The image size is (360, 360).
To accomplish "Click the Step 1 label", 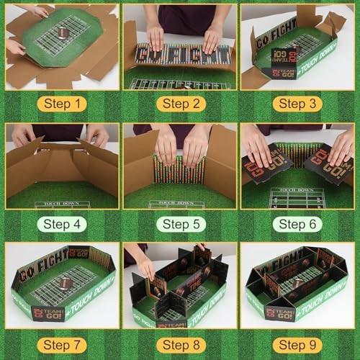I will click(61, 104).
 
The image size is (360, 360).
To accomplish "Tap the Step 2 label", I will click(179, 104).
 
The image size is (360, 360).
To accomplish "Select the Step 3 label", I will click(297, 104).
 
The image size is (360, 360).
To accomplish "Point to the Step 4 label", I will click(61, 223).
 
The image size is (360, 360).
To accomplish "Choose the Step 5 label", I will click(179, 223).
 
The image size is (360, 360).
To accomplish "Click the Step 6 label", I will click(297, 223).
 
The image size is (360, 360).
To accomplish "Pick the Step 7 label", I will click(61, 343).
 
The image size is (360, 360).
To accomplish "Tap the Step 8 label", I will click(179, 343).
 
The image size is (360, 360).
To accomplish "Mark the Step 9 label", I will click(297, 343).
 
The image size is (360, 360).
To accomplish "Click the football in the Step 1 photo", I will click(63, 32).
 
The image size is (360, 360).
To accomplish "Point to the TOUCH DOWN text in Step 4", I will click(62, 204).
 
